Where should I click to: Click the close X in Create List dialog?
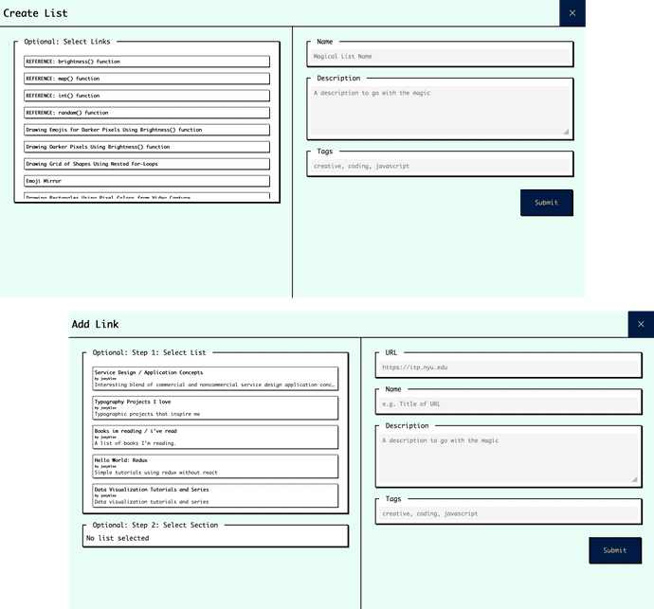[572, 13]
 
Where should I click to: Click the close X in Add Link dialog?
[641, 324]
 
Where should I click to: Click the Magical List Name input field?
[441, 57]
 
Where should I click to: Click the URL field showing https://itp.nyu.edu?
[508, 367]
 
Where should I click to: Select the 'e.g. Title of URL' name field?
[508, 403]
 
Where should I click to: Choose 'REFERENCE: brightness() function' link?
[147, 62]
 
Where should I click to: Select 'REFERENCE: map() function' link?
[147, 79]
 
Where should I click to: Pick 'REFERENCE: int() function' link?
[147, 96]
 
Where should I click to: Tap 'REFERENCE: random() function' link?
[147, 113]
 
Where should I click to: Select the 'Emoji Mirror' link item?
[147, 181]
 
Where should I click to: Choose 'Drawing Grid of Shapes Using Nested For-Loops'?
[147, 164]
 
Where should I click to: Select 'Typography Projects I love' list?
[215, 407]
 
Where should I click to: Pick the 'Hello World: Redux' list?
[215, 466]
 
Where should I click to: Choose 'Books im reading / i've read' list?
[215, 437]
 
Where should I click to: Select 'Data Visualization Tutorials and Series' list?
[215, 495]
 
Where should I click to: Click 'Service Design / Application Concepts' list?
[215, 378]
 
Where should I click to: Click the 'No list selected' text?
[118, 538]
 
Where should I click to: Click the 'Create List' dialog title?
[35, 13]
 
